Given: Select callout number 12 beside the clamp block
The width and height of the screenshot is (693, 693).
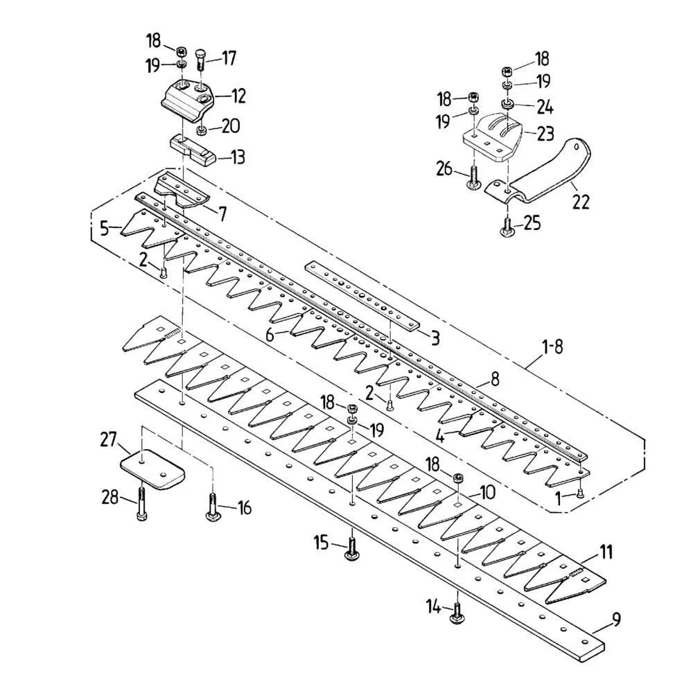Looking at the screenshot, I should pos(238,95).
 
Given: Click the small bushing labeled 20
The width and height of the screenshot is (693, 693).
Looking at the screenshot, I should pos(202,130).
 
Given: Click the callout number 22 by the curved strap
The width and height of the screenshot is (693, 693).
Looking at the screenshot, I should pos(581,202).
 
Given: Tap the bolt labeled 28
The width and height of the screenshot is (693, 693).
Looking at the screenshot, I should pos(142,503).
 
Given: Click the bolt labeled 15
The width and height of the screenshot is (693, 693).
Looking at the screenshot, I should pos(353,545).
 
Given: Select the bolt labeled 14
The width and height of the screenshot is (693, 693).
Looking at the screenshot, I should pos(457,610).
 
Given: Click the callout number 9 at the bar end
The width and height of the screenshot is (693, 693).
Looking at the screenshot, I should pos(615,619).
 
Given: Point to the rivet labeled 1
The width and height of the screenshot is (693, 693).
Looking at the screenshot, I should pos(580,493).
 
